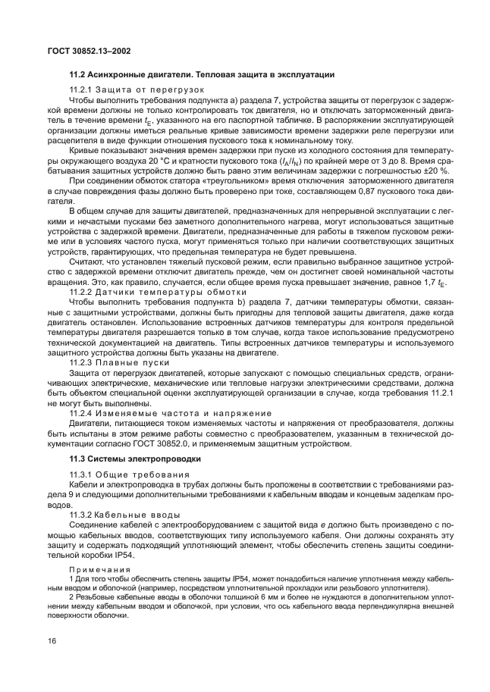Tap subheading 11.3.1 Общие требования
coord(122,474)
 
